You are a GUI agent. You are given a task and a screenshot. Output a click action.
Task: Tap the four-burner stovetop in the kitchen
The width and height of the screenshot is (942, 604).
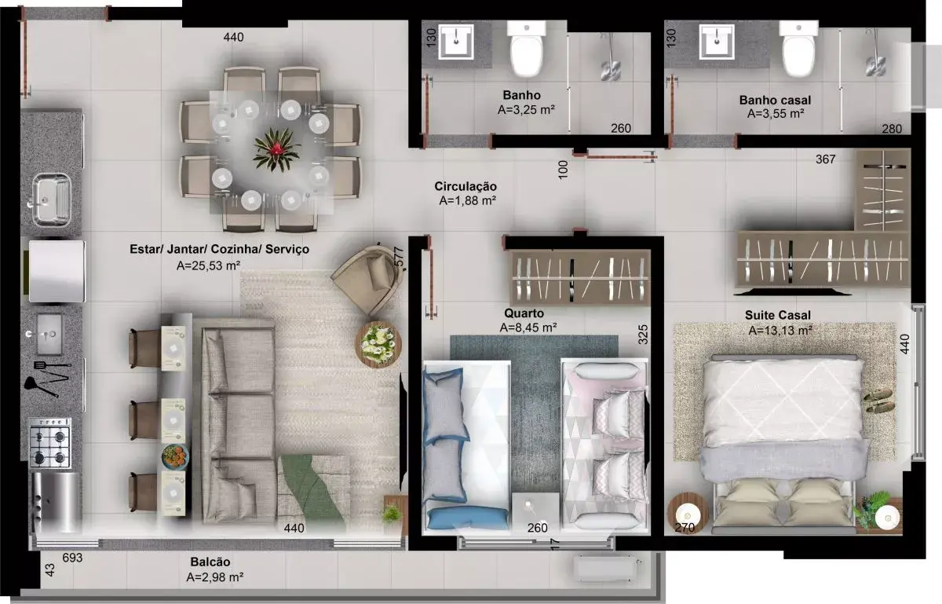click(50, 443)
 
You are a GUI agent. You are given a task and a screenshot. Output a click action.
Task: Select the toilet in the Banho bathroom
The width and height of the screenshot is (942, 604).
click(527, 49)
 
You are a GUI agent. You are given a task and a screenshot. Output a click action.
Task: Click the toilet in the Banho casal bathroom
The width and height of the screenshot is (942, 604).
click(798, 49)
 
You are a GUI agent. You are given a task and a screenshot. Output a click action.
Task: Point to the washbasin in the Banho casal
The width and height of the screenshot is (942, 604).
click(717, 42)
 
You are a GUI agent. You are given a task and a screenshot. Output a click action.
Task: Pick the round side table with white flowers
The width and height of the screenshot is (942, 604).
click(378, 345)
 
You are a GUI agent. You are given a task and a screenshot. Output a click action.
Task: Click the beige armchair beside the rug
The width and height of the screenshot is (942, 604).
click(368, 279)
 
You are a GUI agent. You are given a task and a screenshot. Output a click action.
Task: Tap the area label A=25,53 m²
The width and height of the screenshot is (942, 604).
click(208, 265)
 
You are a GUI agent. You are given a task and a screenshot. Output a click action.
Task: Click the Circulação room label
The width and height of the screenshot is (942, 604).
click(466, 186)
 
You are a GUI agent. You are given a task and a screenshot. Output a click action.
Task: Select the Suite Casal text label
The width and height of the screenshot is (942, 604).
click(778, 315)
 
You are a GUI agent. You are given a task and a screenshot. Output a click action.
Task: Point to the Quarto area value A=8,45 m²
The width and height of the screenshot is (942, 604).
click(528, 328)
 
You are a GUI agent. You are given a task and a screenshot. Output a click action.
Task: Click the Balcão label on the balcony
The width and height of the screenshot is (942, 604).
click(210, 562)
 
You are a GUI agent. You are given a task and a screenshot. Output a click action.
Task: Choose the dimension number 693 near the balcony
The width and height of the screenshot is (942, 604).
click(72, 558)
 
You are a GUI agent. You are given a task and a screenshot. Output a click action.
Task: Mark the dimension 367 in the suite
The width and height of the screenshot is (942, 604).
click(826, 159)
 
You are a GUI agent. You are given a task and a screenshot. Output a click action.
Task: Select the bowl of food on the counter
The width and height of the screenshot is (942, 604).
click(175, 456)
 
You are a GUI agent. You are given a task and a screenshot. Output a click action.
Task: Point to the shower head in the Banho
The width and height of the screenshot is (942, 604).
click(611, 69)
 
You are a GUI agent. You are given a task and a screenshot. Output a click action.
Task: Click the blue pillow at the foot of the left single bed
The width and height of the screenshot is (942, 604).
click(467, 518)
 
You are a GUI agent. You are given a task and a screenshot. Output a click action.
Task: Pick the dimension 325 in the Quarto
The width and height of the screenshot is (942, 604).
click(643, 335)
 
